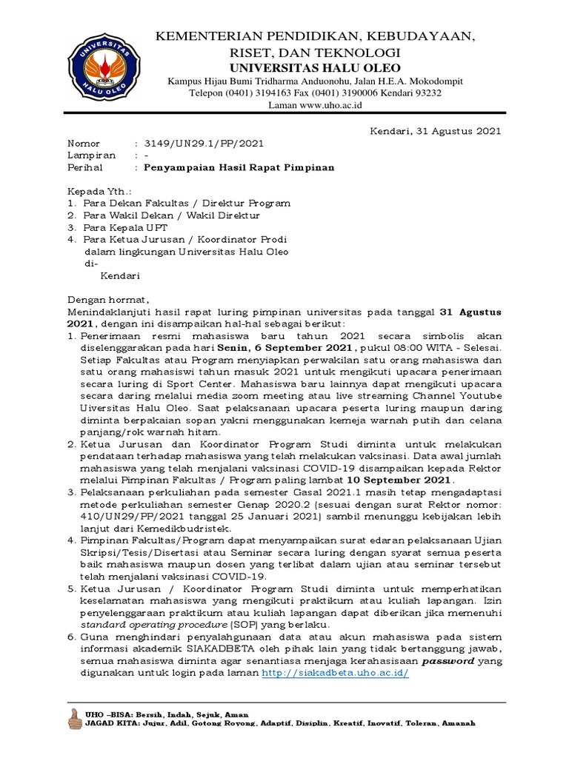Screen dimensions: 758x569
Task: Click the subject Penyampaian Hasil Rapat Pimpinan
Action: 239,167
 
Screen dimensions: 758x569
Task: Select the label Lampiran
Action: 92,155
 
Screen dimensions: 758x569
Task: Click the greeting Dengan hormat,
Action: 108,301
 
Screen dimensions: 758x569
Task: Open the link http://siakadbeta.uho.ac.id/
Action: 336,674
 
